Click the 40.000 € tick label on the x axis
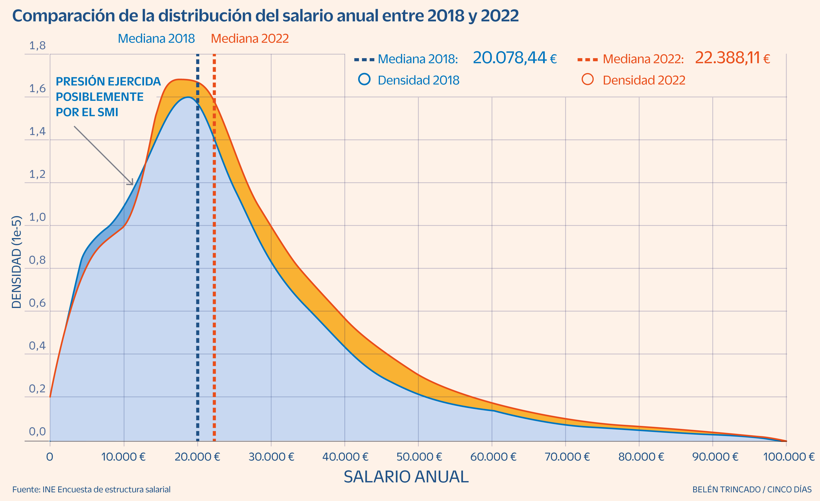(x=345, y=457)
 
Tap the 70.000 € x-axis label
(x=567, y=457)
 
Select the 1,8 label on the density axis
(x=37, y=46)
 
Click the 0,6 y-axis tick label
(x=37, y=303)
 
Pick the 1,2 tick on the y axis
(x=37, y=174)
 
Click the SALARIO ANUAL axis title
(x=406, y=477)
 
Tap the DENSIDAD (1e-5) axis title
(x=17, y=262)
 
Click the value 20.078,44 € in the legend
(x=514, y=58)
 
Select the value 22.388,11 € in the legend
(x=732, y=58)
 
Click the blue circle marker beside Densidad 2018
(x=364, y=79)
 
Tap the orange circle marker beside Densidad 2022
(x=587, y=79)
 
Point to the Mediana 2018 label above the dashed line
(x=156, y=38)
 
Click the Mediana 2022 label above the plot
(x=250, y=38)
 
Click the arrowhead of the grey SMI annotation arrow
(x=132, y=183)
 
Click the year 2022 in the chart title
(x=500, y=16)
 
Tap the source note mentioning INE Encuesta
(x=91, y=489)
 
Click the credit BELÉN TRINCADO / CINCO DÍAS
(x=752, y=489)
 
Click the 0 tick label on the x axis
(x=49, y=457)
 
